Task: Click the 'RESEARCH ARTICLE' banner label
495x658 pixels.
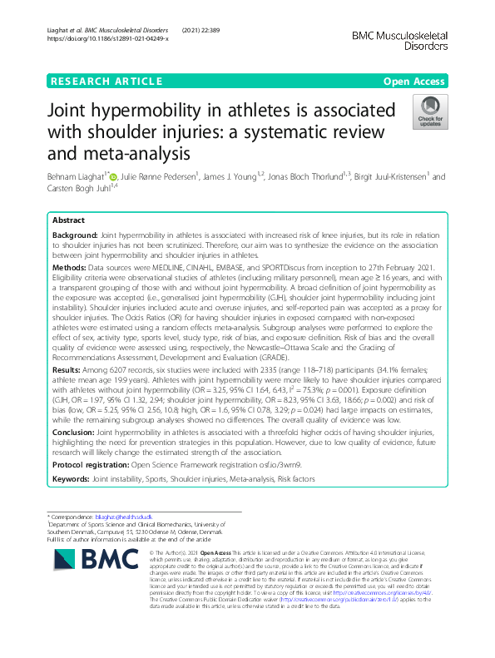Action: (106, 81)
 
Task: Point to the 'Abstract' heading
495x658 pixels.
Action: (68, 220)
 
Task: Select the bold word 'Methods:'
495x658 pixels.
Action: (69, 270)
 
